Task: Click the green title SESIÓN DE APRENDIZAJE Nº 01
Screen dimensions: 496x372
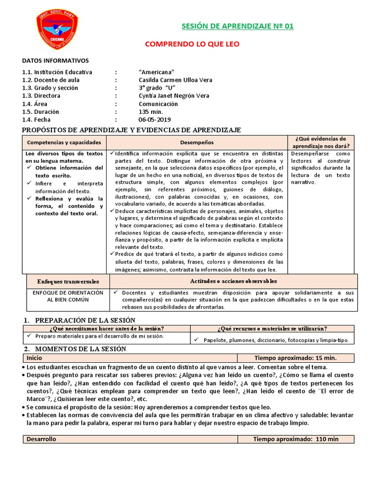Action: pos(237,26)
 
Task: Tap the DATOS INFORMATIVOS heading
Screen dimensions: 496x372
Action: pos(56,61)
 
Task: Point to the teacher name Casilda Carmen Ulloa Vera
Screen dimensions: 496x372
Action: pos(175,80)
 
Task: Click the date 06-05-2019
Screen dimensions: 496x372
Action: pos(155,120)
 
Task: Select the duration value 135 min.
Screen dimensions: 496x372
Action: pos(152,112)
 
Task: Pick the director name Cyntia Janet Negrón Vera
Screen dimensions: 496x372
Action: pos(174,96)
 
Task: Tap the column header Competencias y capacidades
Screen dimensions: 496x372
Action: pos(64,142)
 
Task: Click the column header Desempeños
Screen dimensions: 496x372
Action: pos(197,142)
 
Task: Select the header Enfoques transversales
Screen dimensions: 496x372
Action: pos(68,281)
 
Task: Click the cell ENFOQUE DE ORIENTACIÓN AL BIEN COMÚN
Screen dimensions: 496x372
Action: pos(68,296)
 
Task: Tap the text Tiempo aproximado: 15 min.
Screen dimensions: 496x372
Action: pos(295,358)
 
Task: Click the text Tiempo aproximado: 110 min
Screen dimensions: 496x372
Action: pos(296,439)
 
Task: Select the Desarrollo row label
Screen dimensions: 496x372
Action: pos(42,439)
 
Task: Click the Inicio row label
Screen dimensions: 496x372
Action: pos(34,358)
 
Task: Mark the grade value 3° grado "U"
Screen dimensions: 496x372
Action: pos(156,88)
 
